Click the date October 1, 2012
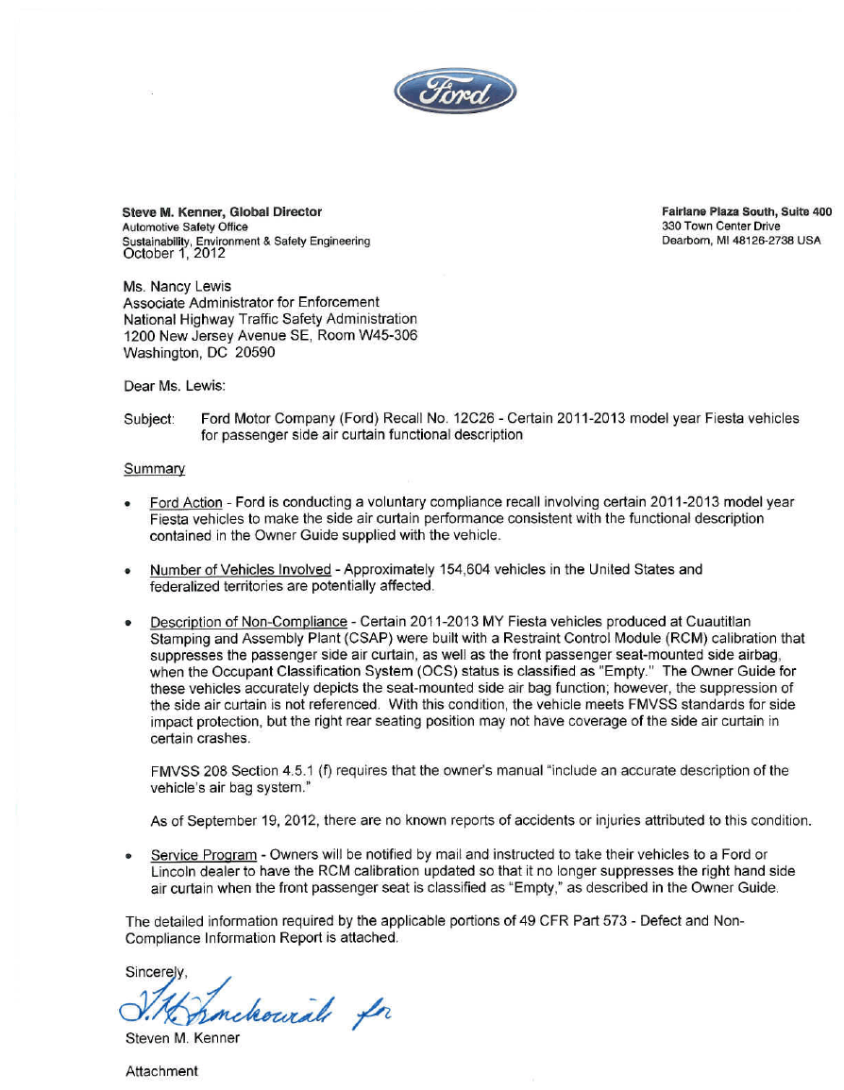[175, 253]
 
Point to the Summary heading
[154, 468]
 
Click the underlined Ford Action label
[186, 502]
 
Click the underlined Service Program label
[203, 855]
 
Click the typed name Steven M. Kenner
[183, 1038]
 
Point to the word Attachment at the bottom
[161, 1071]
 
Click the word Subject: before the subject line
[149, 418]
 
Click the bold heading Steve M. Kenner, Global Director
[223, 212]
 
